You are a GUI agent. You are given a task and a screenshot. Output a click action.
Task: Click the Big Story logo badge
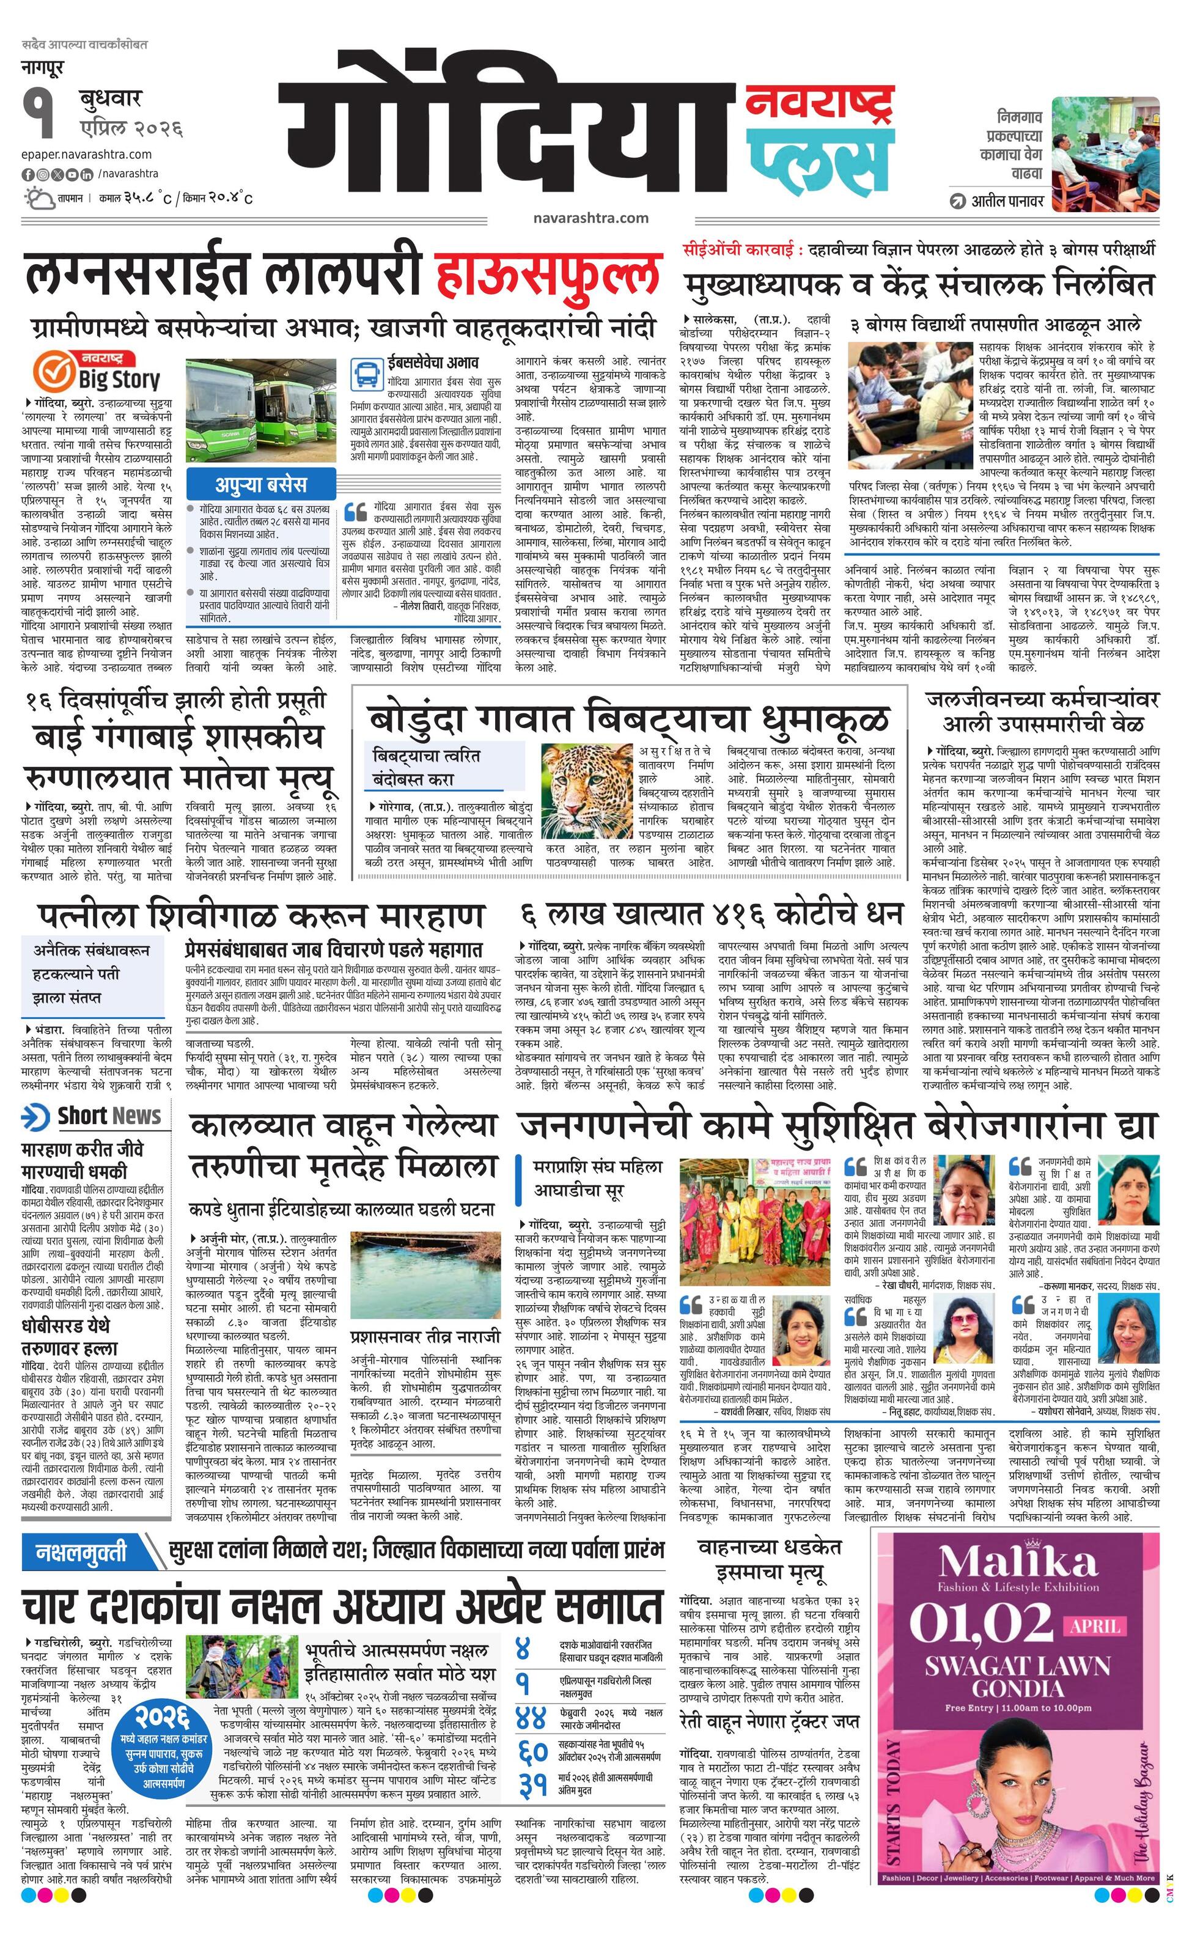coord(97,370)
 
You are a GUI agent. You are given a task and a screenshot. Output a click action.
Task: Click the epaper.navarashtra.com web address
coord(87,154)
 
